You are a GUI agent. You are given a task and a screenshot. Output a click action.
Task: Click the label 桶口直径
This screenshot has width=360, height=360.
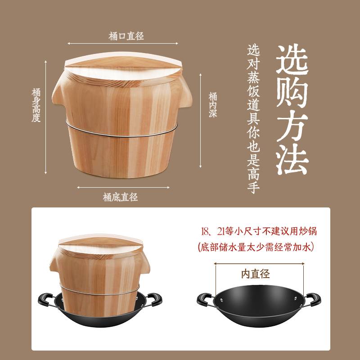[x=126, y=36]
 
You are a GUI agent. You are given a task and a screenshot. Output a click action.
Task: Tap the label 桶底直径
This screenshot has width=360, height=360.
[x=120, y=197]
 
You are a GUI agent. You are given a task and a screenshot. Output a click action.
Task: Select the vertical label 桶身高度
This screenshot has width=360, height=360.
[x=36, y=105]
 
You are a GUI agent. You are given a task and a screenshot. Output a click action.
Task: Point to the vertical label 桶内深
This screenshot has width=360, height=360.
[x=213, y=105]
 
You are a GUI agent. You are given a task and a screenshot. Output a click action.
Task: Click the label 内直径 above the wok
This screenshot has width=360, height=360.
[x=256, y=274]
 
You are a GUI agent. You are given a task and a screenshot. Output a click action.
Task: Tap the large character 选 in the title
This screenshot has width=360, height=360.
[x=292, y=59]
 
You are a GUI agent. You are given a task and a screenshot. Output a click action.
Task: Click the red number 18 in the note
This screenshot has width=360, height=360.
[x=205, y=231]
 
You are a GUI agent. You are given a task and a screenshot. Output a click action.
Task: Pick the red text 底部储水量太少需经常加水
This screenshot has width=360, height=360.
[x=256, y=247]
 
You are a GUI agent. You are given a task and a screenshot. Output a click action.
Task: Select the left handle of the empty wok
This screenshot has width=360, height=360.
[x=205, y=299]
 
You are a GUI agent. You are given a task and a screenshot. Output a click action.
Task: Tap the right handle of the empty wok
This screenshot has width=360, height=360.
[x=313, y=299]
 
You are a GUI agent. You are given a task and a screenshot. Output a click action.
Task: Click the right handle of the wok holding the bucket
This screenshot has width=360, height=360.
[x=154, y=299]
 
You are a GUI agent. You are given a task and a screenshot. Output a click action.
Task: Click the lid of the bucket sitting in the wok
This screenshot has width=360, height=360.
[x=100, y=244]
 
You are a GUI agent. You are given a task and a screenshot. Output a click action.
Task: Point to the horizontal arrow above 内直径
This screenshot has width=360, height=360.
[x=259, y=264]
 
